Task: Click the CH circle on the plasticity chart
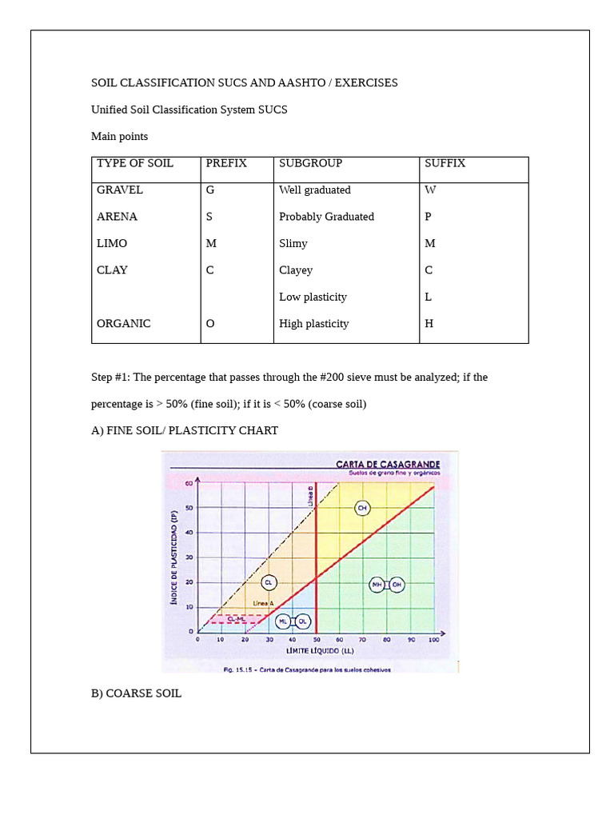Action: (363, 508)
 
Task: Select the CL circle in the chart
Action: (269, 583)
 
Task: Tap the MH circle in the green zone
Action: (377, 585)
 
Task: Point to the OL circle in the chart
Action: (303, 621)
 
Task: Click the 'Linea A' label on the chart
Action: (264, 603)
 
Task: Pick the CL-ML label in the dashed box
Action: (236, 618)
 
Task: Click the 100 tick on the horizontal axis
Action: (433, 640)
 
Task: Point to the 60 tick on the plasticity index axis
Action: (189, 482)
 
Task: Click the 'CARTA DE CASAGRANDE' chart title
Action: (387, 464)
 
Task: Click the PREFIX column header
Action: (226, 163)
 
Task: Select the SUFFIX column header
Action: (445, 163)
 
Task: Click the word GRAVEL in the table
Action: (120, 190)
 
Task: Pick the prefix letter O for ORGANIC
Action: (210, 324)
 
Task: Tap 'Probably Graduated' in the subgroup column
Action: (326, 217)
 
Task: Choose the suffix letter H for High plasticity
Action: (429, 324)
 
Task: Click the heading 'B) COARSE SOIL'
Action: (136, 693)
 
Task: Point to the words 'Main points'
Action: (119, 137)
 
